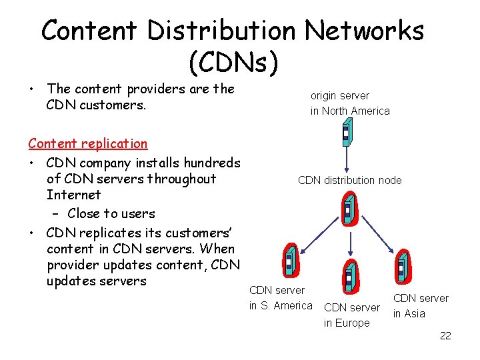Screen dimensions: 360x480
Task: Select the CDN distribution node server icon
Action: pos(348,210)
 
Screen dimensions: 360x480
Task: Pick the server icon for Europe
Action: pos(348,276)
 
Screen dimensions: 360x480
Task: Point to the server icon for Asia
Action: pos(401,267)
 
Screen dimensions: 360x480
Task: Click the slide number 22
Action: pos(445,336)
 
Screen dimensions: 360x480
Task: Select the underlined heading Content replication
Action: pos(88,143)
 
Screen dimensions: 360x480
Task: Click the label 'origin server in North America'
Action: pos(349,103)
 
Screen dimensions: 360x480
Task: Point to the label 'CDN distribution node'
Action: pos(349,180)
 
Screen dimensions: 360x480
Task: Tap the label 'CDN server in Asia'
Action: pos(420,306)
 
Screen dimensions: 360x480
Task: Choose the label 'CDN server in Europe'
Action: pos(351,315)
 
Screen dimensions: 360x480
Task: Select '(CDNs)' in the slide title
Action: pos(233,63)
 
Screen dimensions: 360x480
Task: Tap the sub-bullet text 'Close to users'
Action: pos(111,214)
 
